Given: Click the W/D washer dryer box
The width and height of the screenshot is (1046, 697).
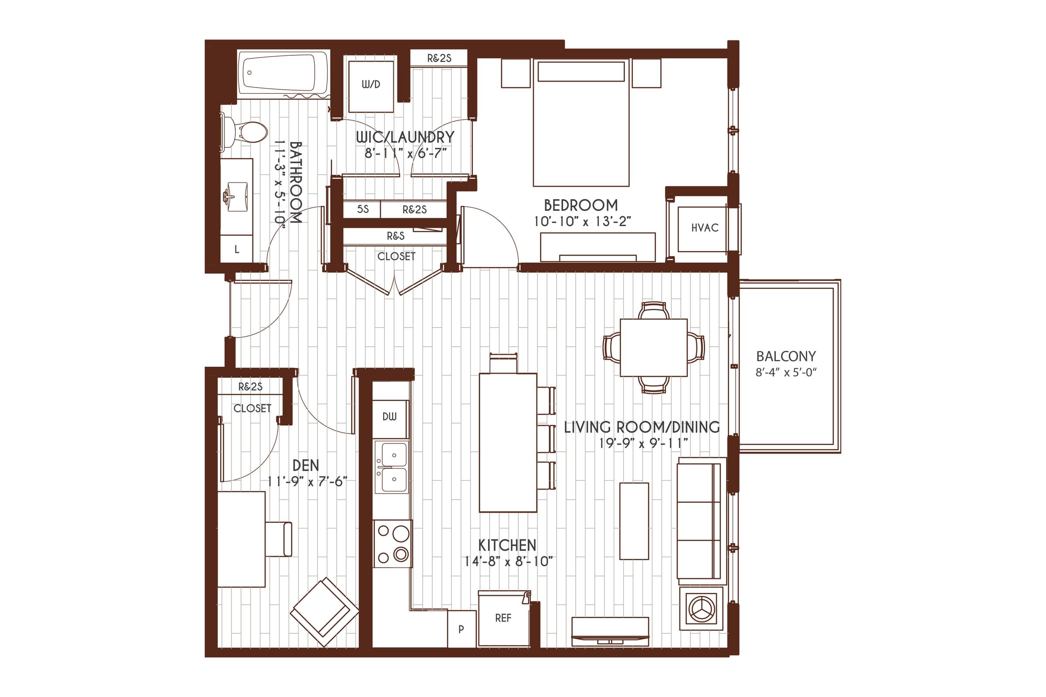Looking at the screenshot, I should pos(370,87).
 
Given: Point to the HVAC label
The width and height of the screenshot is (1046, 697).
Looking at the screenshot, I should pos(704,228).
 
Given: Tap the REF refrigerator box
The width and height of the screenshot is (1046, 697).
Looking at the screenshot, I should pos(503,618).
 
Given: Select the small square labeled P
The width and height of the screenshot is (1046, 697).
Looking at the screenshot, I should pos(461,629).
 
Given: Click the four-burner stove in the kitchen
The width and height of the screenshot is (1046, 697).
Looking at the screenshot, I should pos(393,543).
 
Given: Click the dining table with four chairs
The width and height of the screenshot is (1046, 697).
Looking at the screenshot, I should pos(653,347).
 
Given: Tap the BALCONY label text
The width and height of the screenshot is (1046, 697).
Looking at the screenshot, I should pos(786,356).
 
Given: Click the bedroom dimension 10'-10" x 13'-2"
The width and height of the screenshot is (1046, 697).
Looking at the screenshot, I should pos(582,221).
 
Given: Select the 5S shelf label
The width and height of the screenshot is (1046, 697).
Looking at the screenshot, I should pos(363,210).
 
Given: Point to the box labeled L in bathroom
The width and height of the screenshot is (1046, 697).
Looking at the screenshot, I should pos(237,249).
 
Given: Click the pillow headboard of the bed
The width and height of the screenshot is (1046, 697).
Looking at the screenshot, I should pos(581,71).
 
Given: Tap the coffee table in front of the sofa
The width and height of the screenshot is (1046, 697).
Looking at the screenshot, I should pos(634,521).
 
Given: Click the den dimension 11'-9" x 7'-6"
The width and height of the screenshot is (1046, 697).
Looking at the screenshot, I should pos(307,482).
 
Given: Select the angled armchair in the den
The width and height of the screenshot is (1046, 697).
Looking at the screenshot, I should pos(325,612).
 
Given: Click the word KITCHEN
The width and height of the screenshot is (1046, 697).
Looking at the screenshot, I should pos(507,545).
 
